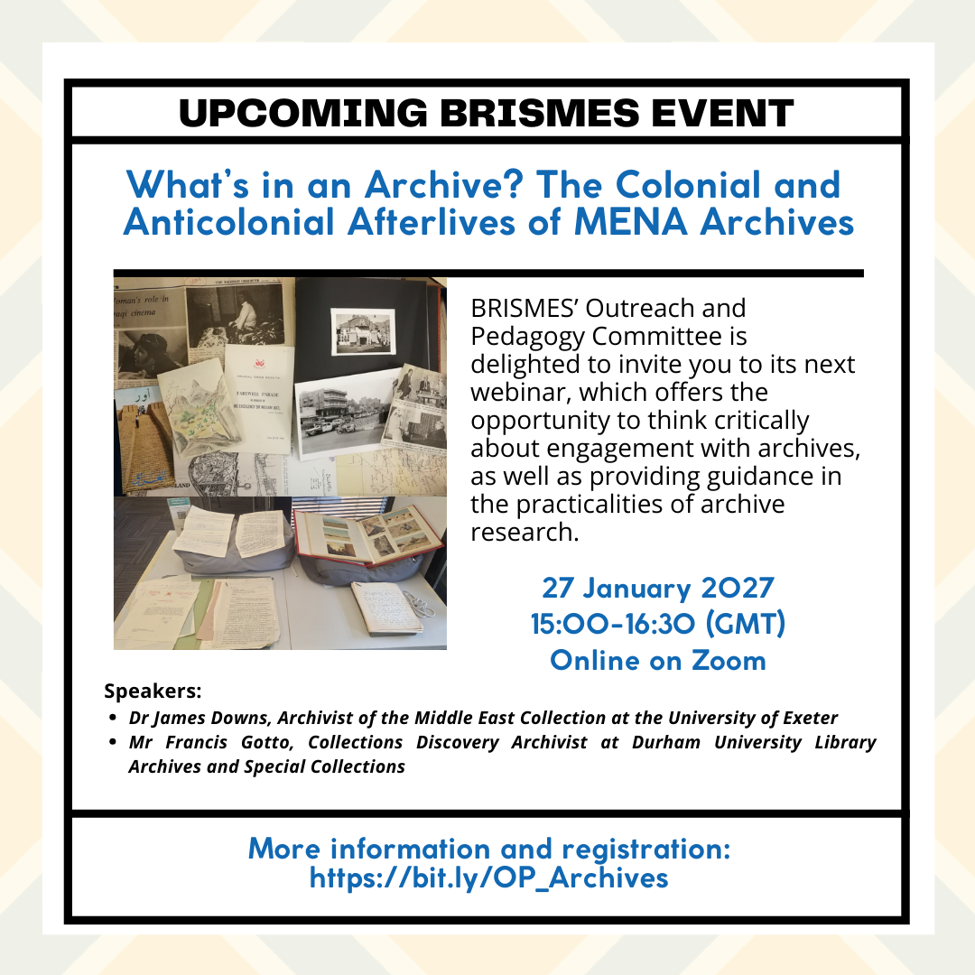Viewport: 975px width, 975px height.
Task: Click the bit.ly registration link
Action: [x=488, y=877]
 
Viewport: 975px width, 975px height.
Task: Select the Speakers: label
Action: [x=153, y=692]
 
